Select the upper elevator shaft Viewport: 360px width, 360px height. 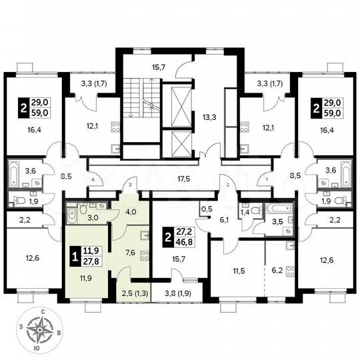[181, 105]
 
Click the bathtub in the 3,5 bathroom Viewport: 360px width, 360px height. [275, 209]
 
